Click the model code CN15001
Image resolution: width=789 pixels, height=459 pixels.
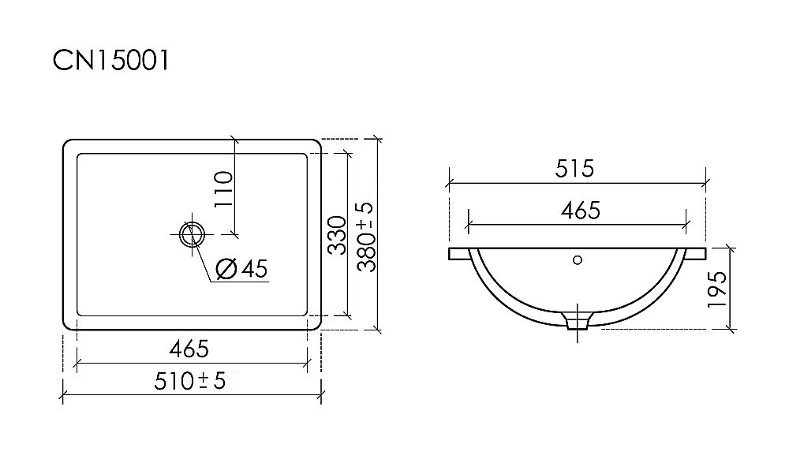pyautogui.click(x=110, y=61)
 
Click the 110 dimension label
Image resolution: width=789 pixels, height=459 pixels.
pyautogui.click(x=222, y=188)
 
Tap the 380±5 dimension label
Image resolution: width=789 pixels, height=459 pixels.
pyautogui.click(x=365, y=236)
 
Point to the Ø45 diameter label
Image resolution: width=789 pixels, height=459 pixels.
pyautogui.click(x=241, y=269)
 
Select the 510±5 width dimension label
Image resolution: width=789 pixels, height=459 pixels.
pyautogui.click(x=192, y=381)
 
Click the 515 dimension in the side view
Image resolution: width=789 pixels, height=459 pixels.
pyautogui.click(x=574, y=168)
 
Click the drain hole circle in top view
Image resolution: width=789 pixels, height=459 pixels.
pyautogui.click(x=192, y=233)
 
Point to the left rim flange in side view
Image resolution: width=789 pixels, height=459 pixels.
pyautogui.click(x=459, y=254)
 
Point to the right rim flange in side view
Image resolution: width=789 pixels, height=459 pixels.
pyautogui.click(x=696, y=254)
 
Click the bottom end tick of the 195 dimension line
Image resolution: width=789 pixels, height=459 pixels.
pyautogui.click(x=734, y=327)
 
